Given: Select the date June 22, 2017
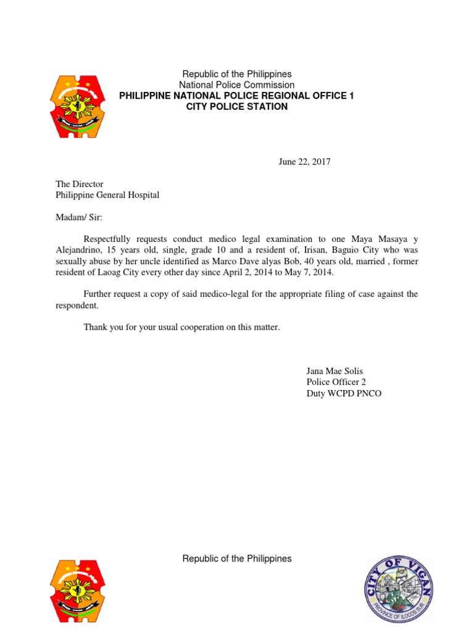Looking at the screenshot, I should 305,162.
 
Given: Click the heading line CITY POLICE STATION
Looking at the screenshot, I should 237,107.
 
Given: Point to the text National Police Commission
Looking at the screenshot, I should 237,85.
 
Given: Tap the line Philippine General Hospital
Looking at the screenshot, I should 107,195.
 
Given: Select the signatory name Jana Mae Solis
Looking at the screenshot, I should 339,371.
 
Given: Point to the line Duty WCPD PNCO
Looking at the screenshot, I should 344,393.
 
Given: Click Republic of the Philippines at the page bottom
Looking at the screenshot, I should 237,559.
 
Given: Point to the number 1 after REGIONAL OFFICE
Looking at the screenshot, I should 351,96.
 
